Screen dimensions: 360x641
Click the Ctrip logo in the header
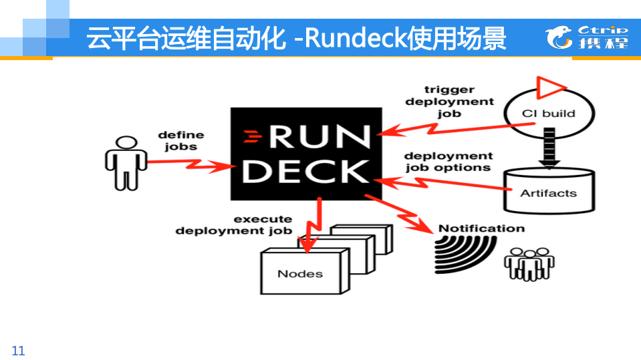point(587,37)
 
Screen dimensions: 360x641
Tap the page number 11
point(18,351)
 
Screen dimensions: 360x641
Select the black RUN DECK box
point(301,153)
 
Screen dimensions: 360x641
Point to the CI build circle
point(548,114)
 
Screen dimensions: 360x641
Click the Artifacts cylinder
point(548,190)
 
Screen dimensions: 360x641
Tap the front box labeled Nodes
point(300,273)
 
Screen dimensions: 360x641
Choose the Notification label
point(481,228)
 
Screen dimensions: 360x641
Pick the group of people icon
point(529,264)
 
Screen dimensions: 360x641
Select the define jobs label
point(180,141)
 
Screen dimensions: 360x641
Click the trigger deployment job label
point(449,102)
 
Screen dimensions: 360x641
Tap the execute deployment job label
point(235,225)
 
